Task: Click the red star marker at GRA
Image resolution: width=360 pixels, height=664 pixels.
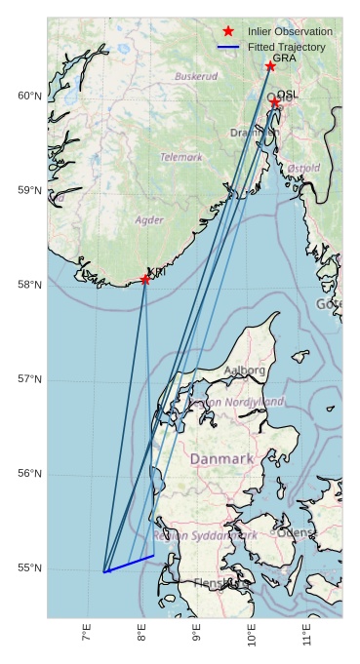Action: coord(270,66)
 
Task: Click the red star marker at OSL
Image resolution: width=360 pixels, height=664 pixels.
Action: coord(275,101)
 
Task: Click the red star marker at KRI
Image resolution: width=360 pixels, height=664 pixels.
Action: coord(145,280)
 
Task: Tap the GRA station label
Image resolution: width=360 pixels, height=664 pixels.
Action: coord(284,59)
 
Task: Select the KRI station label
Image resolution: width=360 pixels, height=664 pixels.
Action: coord(155,272)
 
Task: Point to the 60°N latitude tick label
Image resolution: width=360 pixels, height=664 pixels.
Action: coord(29,96)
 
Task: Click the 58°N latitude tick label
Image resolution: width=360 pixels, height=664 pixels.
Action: coord(29,285)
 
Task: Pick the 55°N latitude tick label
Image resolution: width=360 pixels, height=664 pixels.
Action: coord(29,568)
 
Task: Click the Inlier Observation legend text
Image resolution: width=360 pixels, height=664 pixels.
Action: coord(290,32)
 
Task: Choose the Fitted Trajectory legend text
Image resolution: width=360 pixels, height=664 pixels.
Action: coord(286,47)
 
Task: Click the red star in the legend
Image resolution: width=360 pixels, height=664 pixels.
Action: coord(228,31)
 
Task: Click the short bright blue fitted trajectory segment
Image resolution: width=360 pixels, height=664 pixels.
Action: coord(129,564)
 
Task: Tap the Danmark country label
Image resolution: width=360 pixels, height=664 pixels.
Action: coord(221,458)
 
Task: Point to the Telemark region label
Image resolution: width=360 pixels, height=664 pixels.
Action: coord(181,157)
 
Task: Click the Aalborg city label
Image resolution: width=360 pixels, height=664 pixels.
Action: coord(244,371)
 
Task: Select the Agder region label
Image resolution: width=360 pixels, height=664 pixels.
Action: coord(149,220)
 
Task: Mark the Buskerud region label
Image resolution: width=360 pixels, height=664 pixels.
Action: coord(196,76)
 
